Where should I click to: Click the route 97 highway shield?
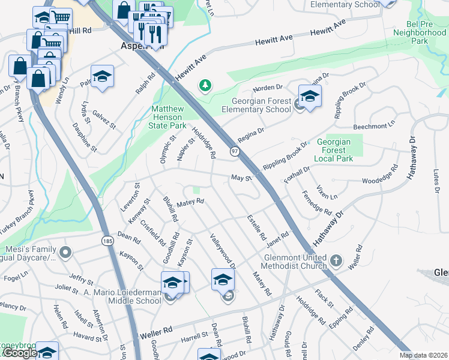coord(235,152)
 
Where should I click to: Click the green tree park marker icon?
coord(205,86)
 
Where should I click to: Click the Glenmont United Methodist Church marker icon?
coord(336,261)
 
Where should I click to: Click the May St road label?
coord(240,178)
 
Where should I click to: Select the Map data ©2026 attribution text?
coord(424,355)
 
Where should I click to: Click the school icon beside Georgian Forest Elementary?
coord(310,96)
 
